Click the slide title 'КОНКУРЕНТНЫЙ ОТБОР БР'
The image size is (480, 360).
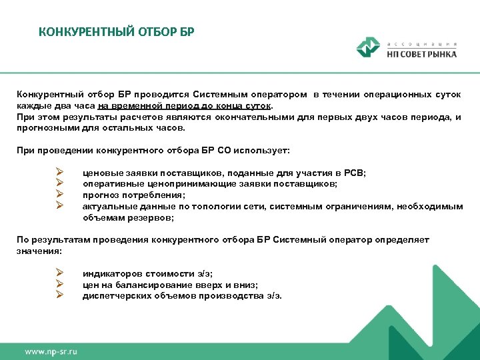tap(116, 32)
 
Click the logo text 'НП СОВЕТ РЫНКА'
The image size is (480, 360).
tap(421, 54)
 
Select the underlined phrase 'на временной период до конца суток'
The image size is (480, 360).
tap(185, 106)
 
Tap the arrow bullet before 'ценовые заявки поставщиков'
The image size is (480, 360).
tap(60, 173)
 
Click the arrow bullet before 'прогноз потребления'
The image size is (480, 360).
tap(60, 195)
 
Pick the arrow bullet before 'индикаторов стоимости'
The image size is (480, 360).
tap(60, 273)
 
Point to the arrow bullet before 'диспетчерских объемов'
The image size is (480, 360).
tap(60, 295)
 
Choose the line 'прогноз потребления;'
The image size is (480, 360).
tap(134, 195)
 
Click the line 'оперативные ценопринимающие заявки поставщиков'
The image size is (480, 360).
tap(210, 184)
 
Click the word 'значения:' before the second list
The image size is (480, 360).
tap(39, 251)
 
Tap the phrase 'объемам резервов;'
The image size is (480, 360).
tap(128, 217)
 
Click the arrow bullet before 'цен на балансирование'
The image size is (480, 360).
tap(60, 284)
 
